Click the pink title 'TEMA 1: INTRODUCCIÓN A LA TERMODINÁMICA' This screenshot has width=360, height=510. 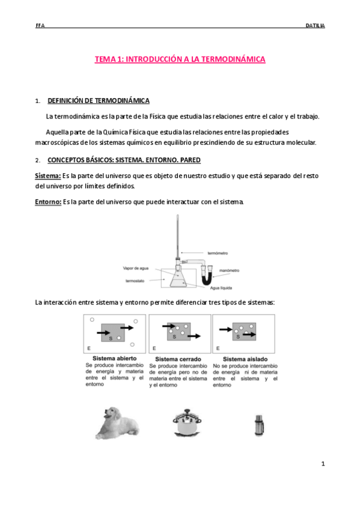point(180,60)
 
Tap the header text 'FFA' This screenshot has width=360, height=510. point(40,26)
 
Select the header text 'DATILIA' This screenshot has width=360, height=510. point(314,26)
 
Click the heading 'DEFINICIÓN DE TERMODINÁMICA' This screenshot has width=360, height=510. point(99,101)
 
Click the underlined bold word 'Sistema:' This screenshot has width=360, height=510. point(48,176)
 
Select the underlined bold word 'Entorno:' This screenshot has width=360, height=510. point(48,201)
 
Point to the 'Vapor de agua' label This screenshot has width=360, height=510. point(135,269)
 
